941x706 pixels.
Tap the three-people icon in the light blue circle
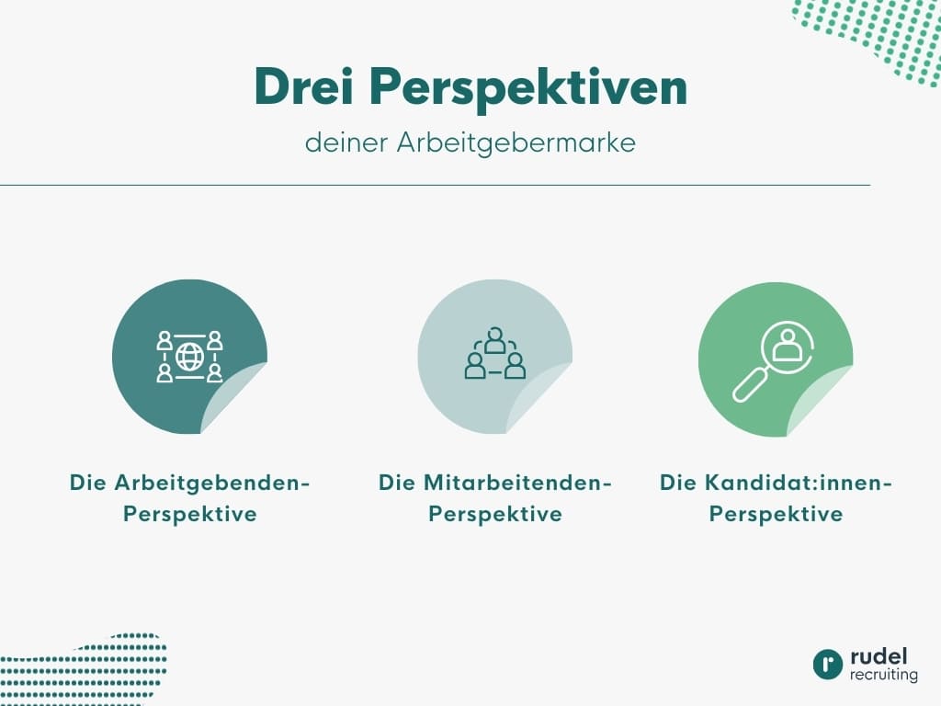495,356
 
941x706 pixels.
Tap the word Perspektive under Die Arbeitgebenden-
190,514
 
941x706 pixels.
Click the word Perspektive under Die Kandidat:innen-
776,514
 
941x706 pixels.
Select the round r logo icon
827,665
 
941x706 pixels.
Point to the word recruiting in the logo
883,676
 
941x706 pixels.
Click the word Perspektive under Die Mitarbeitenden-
495,514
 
